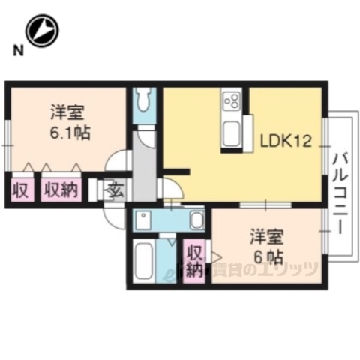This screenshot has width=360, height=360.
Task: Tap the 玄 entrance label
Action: [x=117, y=189]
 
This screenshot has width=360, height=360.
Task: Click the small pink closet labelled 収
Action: [x=20, y=189]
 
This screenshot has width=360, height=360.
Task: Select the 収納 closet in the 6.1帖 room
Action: [x=61, y=189]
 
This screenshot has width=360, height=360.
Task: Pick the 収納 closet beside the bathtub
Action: [x=194, y=259]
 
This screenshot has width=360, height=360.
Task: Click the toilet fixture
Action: [x=145, y=100]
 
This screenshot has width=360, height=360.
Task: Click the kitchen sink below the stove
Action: [x=231, y=134]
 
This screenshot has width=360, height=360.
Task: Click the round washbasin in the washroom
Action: [x=195, y=220]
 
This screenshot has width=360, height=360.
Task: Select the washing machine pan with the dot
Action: [x=143, y=219]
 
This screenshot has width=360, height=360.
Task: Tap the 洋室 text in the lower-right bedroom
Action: [x=267, y=238]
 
